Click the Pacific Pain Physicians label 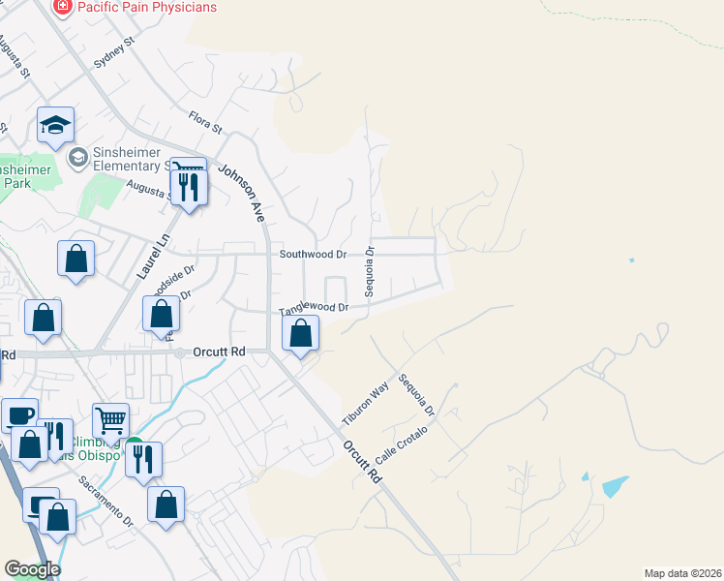(148, 8)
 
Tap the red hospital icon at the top (63, 7)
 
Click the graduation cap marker (55, 126)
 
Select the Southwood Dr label (313, 255)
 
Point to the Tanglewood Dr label (314, 309)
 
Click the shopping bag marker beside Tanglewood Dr (302, 334)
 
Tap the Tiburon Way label (364, 403)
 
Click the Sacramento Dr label (106, 500)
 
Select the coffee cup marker (19, 415)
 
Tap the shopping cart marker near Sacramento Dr (111, 421)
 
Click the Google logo (33, 569)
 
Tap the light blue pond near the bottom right (614, 486)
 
